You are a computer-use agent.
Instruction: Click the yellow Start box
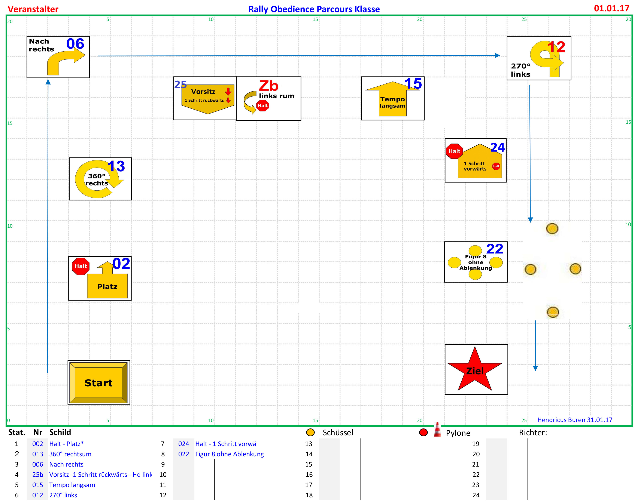(99, 382)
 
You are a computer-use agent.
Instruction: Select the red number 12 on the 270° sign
(556, 47)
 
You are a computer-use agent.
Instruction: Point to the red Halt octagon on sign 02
(81, 266)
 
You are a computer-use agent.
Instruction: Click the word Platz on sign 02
(107, 287)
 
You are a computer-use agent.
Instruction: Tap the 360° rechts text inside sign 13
(97, 179)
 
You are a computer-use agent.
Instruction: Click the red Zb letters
(268, 86)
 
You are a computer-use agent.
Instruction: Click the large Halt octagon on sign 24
(454, 151)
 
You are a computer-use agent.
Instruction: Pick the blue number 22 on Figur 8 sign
(495, 249)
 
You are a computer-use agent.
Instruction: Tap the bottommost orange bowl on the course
(553, 312)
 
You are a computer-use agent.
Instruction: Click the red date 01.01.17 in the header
(611, 8)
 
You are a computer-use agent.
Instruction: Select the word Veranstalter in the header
(33, 9)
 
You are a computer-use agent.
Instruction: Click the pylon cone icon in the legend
(437, 430)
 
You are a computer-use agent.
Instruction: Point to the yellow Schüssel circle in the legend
(310, 432)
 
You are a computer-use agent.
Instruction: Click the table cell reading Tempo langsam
(72, 485)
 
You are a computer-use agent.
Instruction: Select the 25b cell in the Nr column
(37, 475)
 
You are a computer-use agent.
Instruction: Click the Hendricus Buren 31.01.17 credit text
(575, 420)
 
